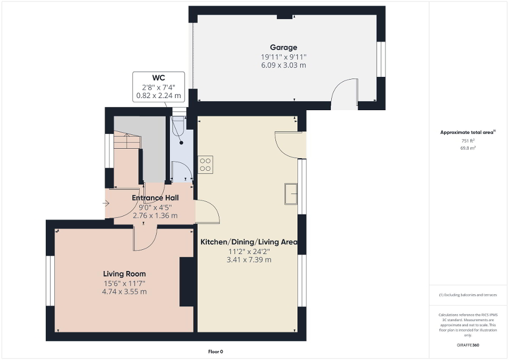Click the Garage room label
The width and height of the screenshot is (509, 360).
(284, 47)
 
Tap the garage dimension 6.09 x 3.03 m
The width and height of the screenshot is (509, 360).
(284, 65)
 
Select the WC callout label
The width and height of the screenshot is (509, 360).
(159, 78)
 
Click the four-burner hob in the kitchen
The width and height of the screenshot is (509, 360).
(205, 164)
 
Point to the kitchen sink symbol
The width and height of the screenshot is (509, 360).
(291, 193)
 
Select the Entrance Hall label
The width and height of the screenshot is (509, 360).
(155, 198)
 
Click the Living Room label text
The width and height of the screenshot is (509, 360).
(124, 274)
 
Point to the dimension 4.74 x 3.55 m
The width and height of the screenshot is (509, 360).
(124, 291)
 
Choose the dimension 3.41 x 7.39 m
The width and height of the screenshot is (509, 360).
(249, 260)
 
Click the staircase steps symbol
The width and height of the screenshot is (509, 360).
(127, 141)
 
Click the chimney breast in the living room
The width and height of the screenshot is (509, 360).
(187, 281)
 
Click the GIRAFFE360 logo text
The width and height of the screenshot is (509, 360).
(468, 345)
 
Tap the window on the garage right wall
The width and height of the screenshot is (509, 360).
(381, 59)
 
